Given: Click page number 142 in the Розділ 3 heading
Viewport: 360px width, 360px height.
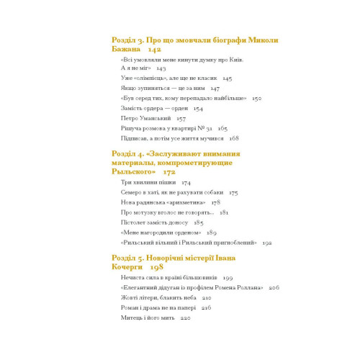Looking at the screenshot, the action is (155, 50).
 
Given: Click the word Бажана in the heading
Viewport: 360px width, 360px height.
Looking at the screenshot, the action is (127, 50).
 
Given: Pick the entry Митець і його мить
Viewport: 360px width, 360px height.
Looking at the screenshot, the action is (145, 318).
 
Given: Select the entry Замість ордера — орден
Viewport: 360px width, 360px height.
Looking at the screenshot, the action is (152, 107).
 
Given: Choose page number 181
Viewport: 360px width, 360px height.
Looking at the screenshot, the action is (224, 214).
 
